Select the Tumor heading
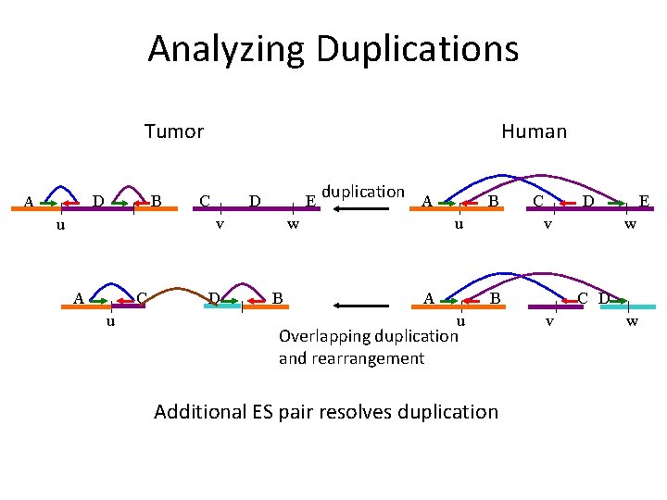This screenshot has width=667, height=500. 173,131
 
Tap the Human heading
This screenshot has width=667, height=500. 534,131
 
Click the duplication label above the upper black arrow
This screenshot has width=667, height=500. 362,192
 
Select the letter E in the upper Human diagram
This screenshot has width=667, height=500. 643,201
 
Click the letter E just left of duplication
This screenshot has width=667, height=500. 311,201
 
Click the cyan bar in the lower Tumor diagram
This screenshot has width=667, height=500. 222,306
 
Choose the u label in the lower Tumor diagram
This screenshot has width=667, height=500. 110,321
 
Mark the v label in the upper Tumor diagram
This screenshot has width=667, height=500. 220,223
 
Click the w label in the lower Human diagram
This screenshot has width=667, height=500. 632,321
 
